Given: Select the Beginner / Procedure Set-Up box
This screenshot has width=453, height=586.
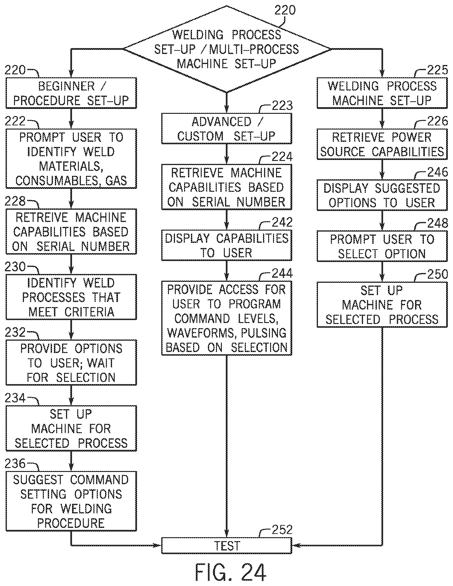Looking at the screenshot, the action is coord(71,93).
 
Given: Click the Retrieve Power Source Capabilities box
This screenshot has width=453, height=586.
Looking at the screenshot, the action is coord(382,144).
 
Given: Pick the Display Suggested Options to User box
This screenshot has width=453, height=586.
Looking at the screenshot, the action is coord(382,195).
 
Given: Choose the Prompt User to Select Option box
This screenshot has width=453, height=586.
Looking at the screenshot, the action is coord(382,246).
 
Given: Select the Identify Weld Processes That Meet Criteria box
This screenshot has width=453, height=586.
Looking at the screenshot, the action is coord(71,297).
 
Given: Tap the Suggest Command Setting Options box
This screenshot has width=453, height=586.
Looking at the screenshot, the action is coord(71,501).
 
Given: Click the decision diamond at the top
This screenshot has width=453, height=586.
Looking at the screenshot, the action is coord(227,49).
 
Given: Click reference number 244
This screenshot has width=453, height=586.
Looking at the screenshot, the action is coord(282,273).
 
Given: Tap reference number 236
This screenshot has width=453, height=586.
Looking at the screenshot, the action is coord(15,463).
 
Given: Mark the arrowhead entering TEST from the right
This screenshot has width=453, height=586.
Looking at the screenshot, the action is coord(296,546).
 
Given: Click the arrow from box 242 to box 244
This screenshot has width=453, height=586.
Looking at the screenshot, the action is coord(227,271).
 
